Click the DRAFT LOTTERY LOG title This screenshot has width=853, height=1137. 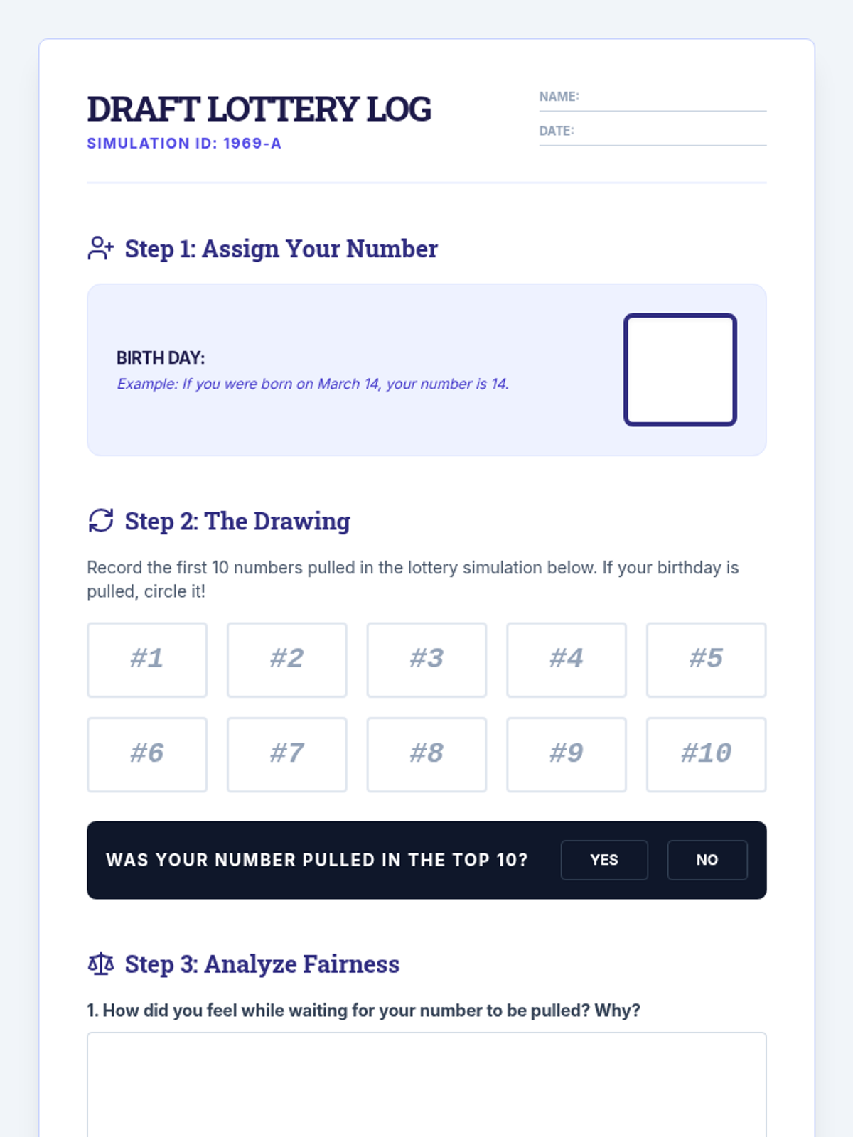259,109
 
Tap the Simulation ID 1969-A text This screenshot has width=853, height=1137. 184,144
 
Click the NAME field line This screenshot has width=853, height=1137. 653,110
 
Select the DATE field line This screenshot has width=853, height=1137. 653,145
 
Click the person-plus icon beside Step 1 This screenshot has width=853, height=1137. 100,248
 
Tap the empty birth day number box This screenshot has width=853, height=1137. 680,370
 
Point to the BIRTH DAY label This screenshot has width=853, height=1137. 161,358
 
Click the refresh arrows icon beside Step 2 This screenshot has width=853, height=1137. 100,520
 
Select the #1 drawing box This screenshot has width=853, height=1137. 147,660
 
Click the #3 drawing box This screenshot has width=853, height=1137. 426,660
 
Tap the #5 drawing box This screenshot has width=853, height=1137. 707,660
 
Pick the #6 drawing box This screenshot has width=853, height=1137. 147,755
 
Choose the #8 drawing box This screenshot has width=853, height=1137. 426,755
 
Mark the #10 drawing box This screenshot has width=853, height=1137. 707,755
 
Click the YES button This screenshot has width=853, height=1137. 604,860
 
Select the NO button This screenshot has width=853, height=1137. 707,860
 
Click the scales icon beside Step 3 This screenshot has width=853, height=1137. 100,964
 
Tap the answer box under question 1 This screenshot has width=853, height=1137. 426,1084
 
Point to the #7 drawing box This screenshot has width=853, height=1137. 287,755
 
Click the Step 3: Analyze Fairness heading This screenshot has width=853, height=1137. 262,964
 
